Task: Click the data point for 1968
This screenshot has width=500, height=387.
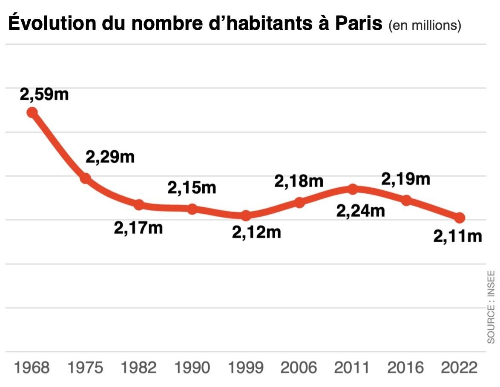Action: [x=32, y=112]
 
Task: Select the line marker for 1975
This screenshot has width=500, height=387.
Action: [x=86, y=178]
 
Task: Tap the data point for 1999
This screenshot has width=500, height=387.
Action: [x=246, y=216]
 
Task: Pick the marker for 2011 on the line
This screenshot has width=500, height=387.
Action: [x=353, y=189]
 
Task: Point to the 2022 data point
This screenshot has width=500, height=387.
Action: [x=460, y=218]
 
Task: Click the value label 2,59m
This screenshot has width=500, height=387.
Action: [x=44, y=95]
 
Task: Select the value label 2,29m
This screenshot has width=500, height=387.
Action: [x=110, y=157]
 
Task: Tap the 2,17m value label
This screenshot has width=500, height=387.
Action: [x=138, y=228]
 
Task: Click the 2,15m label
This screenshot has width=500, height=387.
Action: [x=192, y=188]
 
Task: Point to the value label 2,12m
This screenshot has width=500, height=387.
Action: [x=256, y=232]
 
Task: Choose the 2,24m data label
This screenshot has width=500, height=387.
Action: [x=360, y=210]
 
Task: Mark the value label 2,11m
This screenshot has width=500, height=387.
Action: [x=458, y=236]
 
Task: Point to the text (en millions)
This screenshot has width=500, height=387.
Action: [x=425, y=26]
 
